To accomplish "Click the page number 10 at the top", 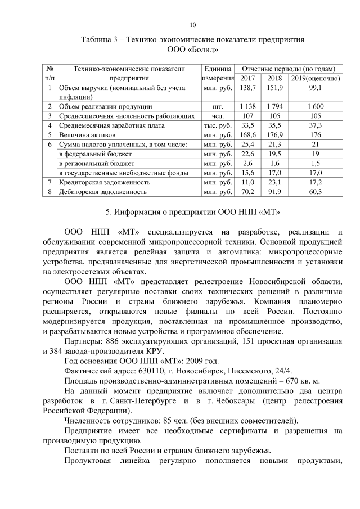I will point(192,24).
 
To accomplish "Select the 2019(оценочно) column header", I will point(315,78).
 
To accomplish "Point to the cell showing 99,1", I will point(315,88).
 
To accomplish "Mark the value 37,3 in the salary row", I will point(315,125).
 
